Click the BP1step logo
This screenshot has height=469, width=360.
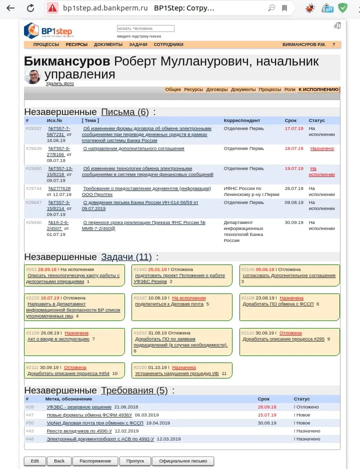[48, 30]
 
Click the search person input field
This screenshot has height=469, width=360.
[145, 28]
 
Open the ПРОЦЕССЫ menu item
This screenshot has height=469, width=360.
[46, 44]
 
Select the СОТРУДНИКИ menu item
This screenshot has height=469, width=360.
[168, 44]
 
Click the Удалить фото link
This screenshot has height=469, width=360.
[60, 83]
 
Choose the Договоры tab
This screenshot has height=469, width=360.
[217, 89]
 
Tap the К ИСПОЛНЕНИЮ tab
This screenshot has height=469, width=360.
[318, 89]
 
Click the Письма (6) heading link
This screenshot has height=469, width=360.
[125, 112]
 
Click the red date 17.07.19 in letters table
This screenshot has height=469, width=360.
[294, 128]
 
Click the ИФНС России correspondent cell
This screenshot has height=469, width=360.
[251, 191]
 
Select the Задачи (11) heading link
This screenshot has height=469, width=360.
[126, 257]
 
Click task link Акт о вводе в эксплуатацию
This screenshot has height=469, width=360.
[58, 339]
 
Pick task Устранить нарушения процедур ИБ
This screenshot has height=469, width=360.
[177, 373]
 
